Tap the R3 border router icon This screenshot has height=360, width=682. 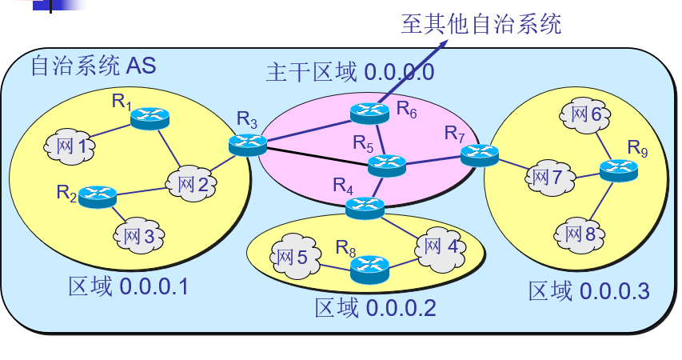pyautogui.click(x=247, y=144)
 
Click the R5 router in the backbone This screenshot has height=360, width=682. pyautogui.click(x=387, y=165)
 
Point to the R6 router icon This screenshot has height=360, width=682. pyautogui.click(x=369, y=114)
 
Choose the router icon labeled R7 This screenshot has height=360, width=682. pyautogui.click(x=479, y=154)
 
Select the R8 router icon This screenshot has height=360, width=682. pyautogui.click(x=369, y=268)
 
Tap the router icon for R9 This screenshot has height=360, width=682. pyautogui.click(x=619, y=170)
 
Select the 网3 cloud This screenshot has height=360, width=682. pyautogui.click(x=138, y=236)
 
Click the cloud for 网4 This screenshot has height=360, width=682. pyautogui.click(x=441, y=246)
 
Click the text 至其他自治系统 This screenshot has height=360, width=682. pyautogui.click(x=481, y=24)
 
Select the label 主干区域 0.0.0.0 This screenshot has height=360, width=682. pyautogui.click(x=349, y=74)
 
